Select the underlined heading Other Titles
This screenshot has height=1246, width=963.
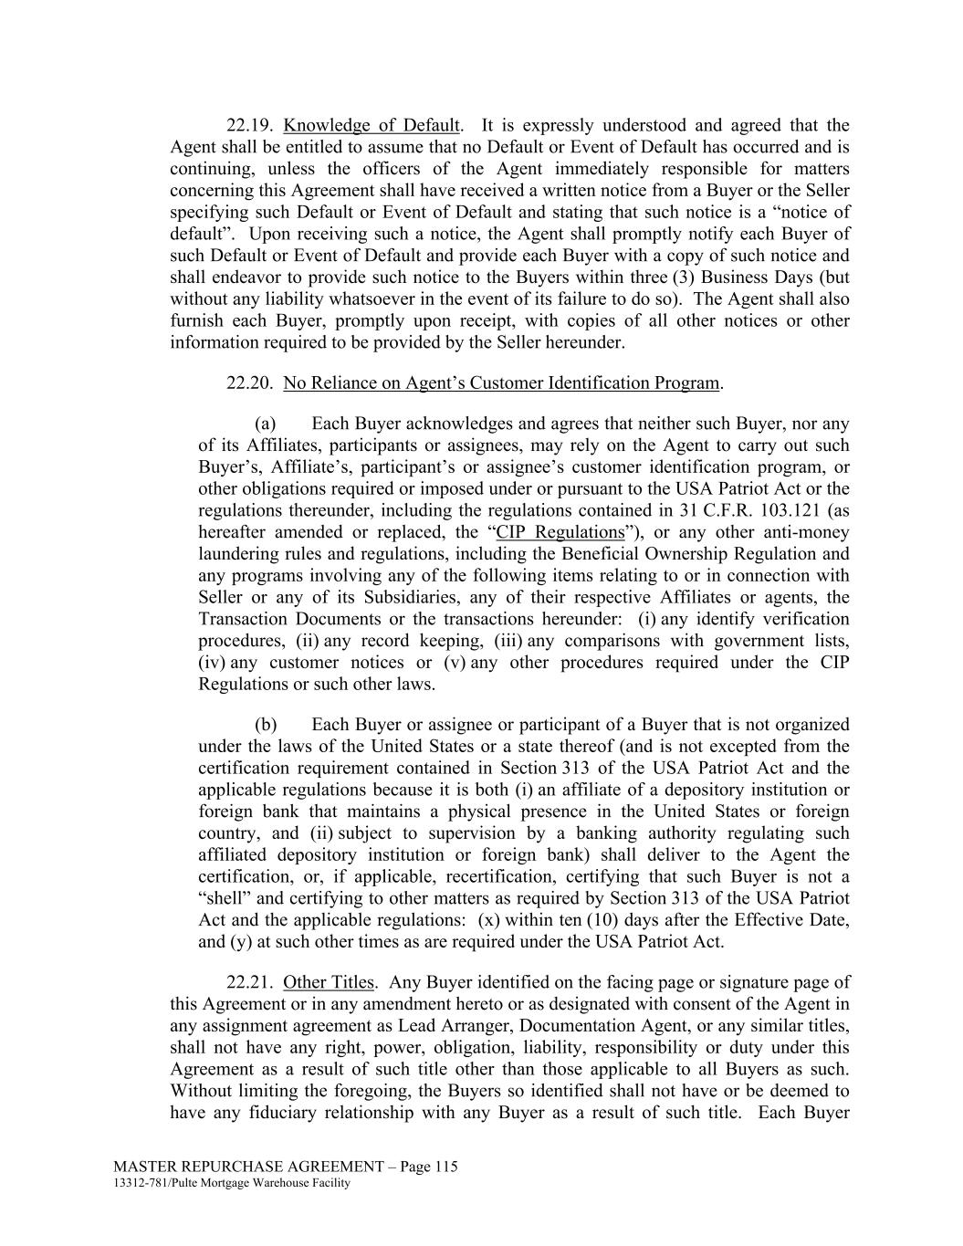click(329, 983)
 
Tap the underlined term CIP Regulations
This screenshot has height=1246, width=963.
click(560, 532)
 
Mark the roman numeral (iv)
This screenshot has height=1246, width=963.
click(214, 664)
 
